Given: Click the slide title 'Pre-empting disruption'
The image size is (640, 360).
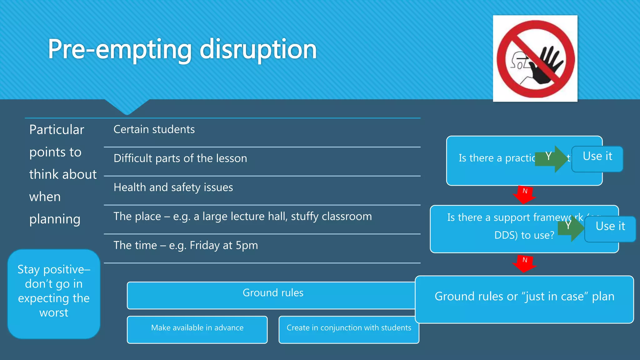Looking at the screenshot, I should coord(182,49).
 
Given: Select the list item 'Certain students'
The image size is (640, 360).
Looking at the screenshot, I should coord(154,129).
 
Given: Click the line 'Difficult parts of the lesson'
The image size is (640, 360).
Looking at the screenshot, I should coord(180,158).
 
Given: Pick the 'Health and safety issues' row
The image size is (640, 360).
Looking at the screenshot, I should coord(173,187).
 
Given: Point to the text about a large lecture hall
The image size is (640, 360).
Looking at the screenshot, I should coord(242,216).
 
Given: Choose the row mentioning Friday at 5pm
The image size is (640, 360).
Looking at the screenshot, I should coord(186,245).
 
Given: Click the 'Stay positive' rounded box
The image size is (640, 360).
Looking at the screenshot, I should coord(54,294).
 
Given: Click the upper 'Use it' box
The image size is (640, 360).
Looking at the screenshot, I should coord(597,159).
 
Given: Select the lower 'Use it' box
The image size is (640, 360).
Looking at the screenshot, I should coord(610,229).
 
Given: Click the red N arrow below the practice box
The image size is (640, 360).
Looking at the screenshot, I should coord(525,194).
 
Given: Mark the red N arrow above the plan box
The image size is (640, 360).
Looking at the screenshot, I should coord(525,263).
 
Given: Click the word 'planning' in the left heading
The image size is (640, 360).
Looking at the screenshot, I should coord(55,219).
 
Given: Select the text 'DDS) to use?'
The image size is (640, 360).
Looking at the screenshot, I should coord(524,235).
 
